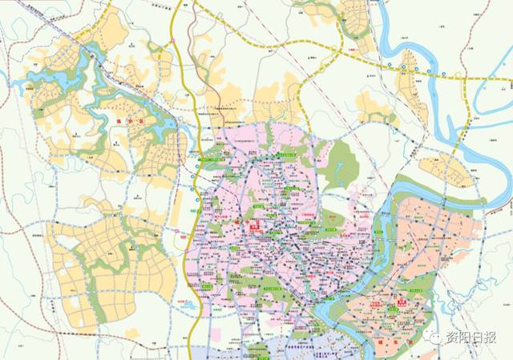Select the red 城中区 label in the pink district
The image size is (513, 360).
pyautogui.click(x=255, y=228)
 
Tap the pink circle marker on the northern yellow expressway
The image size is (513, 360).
pyautogui.click(x=173, y=38)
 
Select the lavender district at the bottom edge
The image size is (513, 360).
pyautogui.click(x=265, y=350)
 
